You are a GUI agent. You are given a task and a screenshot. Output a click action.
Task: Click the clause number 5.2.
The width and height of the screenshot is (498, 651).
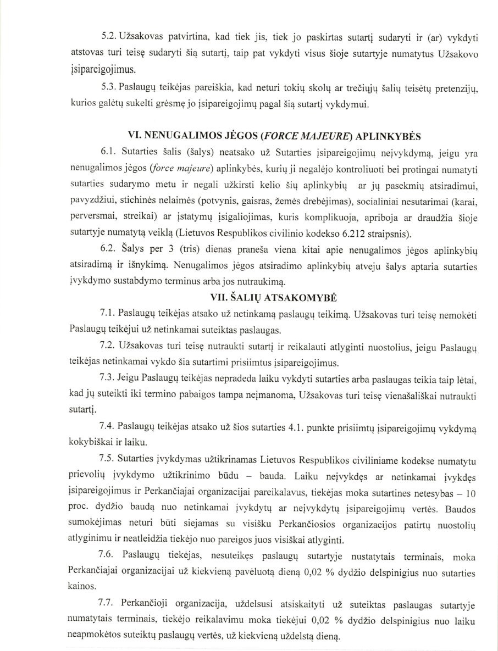coord(109,37)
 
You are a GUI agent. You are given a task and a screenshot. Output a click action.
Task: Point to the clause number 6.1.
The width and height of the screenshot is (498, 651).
coord(109,153)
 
